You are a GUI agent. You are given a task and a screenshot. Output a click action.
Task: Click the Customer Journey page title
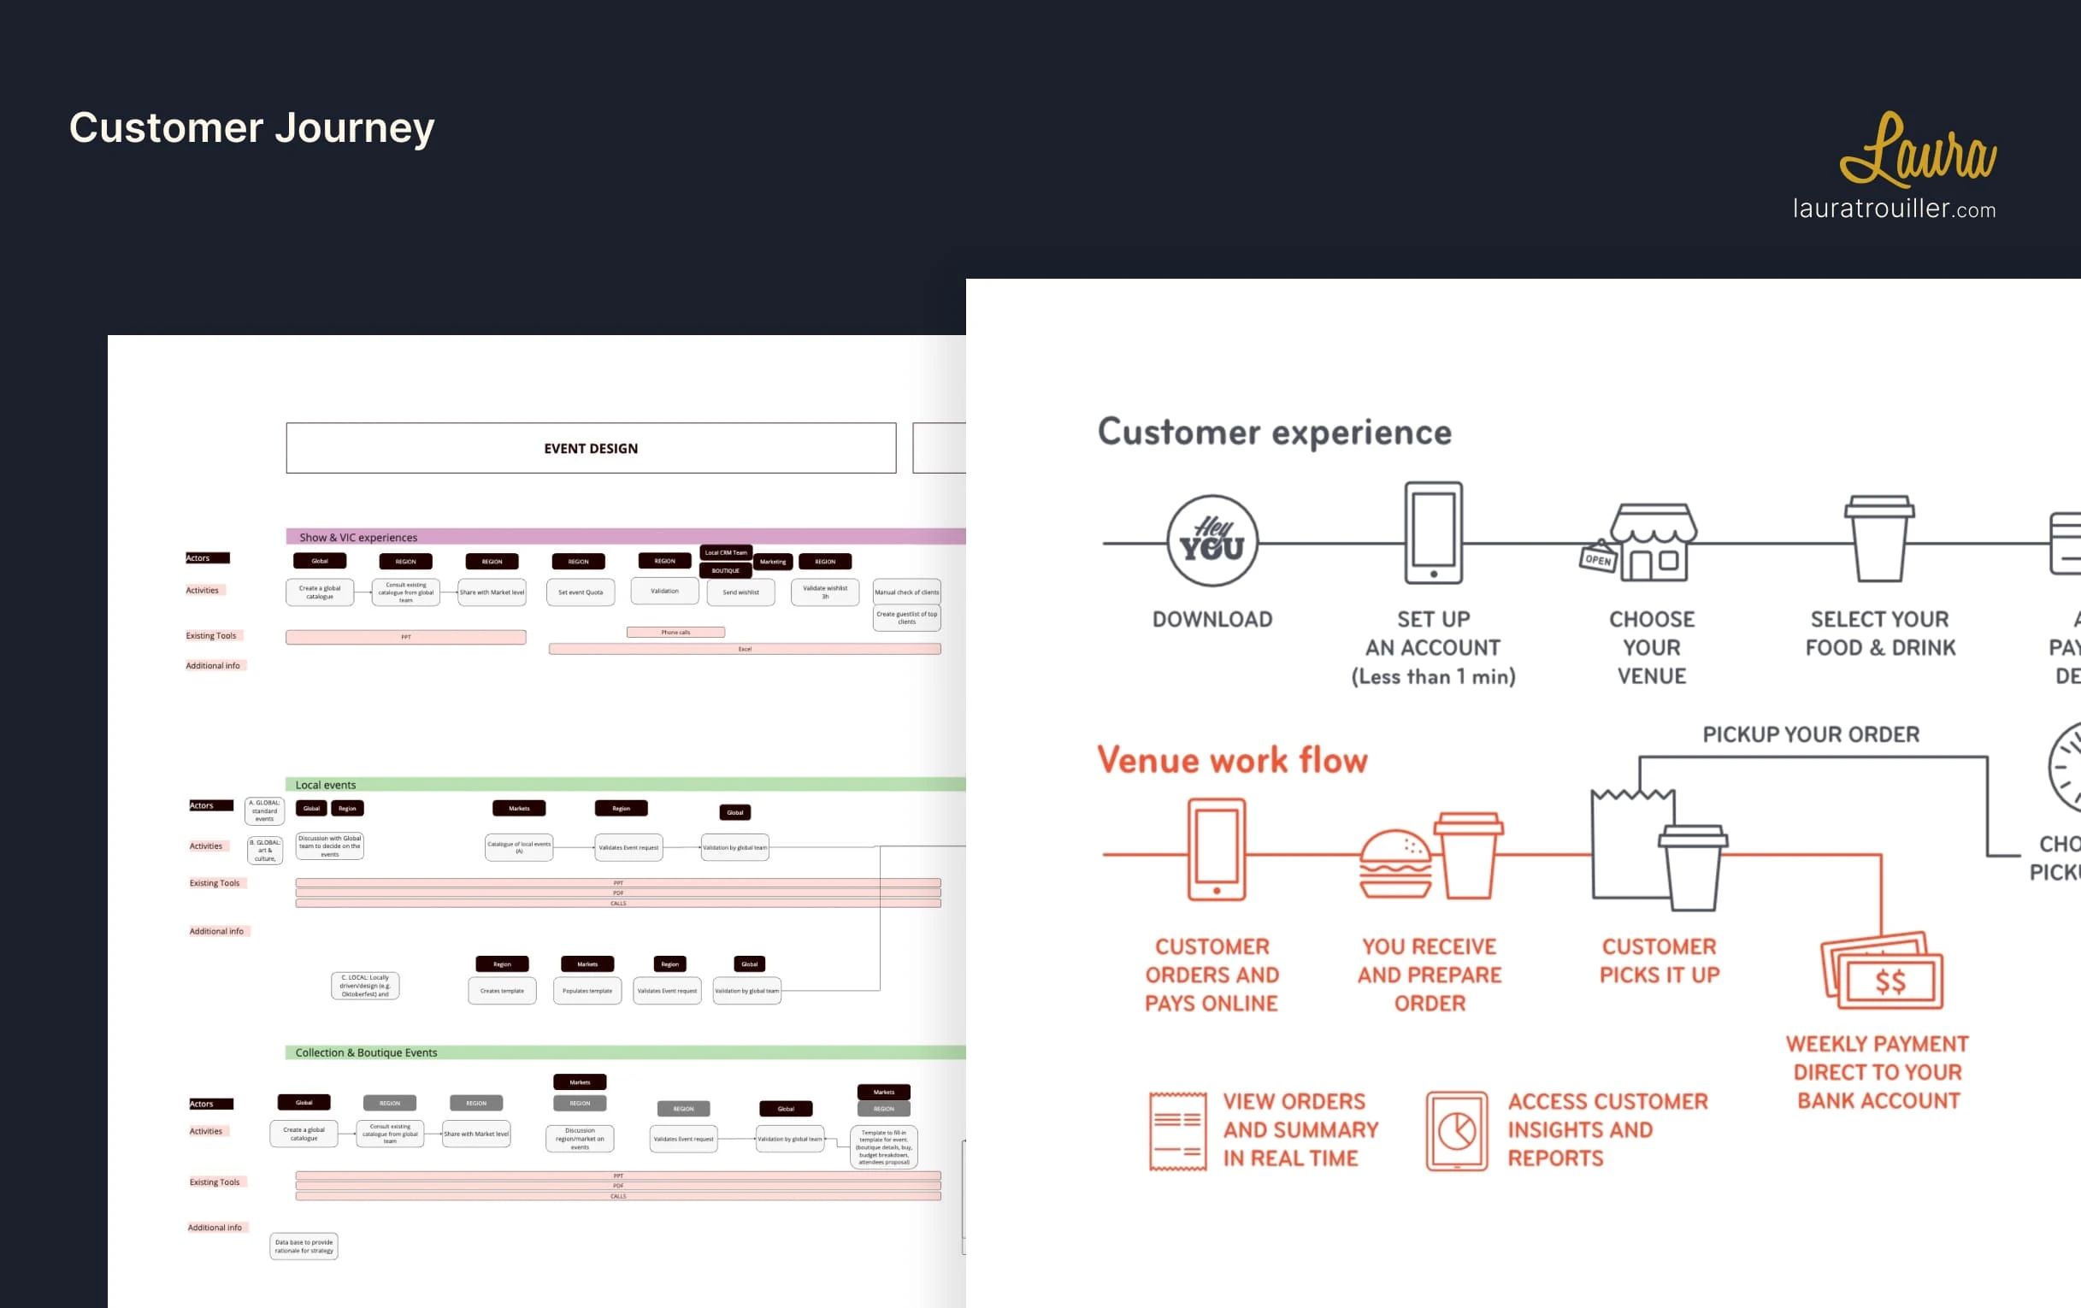pos(251,128)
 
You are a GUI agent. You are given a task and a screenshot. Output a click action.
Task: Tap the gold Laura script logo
pos(1917,150)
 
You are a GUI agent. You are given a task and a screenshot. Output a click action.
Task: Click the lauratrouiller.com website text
pos(1894,209)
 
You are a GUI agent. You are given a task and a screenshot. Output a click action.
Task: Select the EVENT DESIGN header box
pos(590,448)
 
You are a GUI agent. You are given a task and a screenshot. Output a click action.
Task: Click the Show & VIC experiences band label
pos(357,538)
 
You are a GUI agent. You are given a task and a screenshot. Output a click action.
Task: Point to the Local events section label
pos(325,785)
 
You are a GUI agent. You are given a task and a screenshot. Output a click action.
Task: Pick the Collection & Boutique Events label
pos(366,1052)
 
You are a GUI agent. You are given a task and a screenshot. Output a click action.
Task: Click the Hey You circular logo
pos(1211,541)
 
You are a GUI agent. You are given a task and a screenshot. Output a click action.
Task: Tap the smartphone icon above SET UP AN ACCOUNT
pos(1433,533)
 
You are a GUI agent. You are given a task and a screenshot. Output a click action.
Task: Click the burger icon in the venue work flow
pos(1394,864)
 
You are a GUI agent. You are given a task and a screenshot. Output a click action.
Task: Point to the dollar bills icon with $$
pos(1883,971)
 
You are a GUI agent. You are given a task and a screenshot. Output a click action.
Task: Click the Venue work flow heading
pos(1231,760)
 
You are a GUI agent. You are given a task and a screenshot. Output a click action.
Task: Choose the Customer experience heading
pos(1274,432)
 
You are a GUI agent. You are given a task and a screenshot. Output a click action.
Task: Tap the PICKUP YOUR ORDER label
pos(1811,734)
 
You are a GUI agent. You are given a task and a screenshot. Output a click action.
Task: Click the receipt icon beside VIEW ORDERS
pos(1177,1131)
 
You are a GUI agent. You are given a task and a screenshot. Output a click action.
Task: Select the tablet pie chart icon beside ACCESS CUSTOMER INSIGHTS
pos(1456,1131)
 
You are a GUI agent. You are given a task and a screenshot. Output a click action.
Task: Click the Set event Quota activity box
pos(580,592)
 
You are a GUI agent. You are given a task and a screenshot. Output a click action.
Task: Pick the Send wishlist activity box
pos(740,592)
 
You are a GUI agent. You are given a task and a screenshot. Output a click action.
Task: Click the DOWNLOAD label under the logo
pos(1211,620)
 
